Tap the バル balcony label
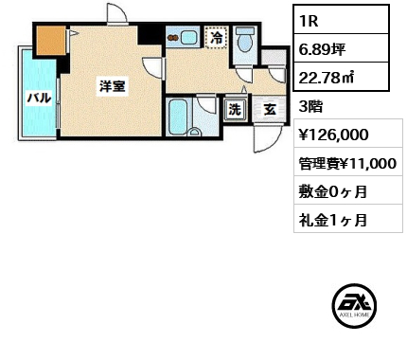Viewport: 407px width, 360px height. (38, 97)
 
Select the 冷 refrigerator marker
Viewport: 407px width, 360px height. (218, 38)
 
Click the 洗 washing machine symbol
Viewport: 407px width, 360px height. (235, 109)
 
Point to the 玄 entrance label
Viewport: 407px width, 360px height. (270, 109)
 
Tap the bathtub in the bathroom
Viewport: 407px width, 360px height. (178, 117)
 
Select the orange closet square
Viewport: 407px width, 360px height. (50, 41)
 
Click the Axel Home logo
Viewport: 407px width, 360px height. (356, 307)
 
